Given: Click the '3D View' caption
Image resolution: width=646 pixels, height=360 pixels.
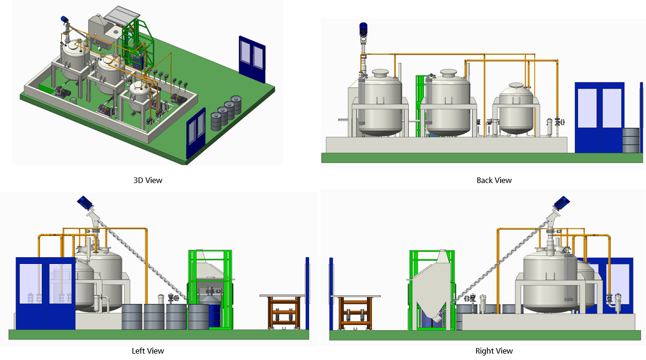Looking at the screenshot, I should (x=147, y=180).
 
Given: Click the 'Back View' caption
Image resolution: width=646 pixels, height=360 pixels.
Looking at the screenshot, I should (x=494, y=180).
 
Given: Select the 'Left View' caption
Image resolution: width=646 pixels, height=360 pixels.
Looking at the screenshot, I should (x=148, y=351).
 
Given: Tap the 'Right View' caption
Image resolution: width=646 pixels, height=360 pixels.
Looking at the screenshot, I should (x=494, y=351).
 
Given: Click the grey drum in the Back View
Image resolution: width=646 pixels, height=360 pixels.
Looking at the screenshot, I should (x=631, y=140).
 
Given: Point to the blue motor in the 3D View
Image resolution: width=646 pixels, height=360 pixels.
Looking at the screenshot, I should (x=64, y=20).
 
